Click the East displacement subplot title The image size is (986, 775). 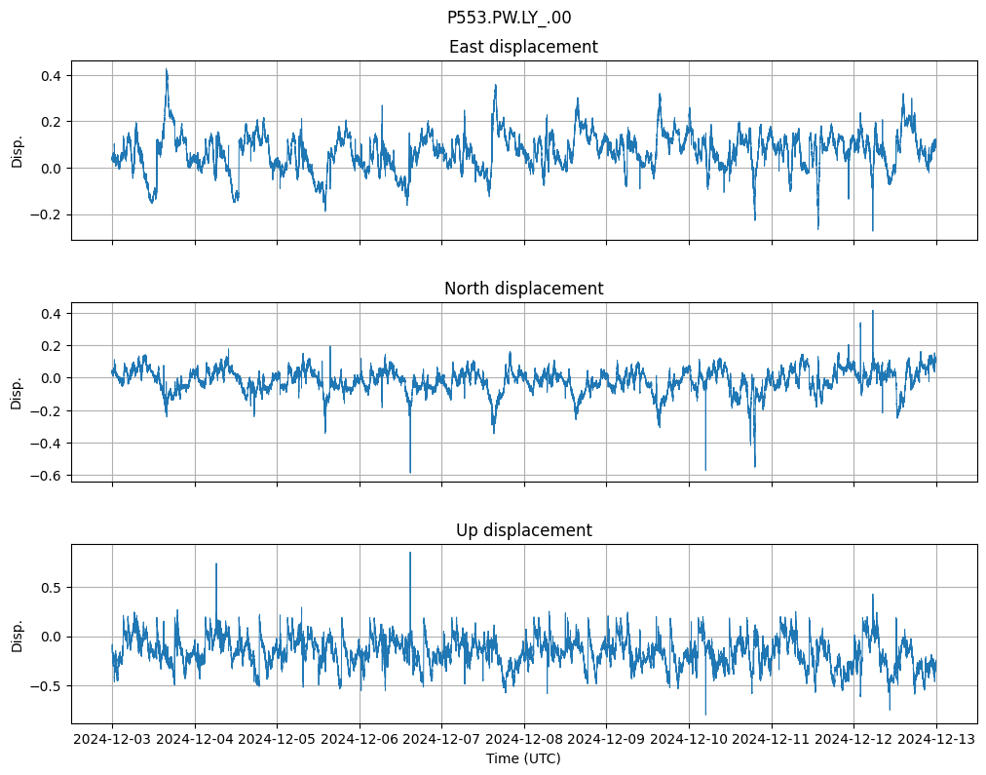(x=523, y=47)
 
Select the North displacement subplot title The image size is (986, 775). (x=523, y=289)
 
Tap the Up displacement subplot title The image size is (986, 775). (x=523, y=530)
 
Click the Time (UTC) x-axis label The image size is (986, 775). (x=523, y=758)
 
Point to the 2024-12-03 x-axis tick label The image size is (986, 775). (x=112, y=740)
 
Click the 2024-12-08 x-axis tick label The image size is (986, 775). (x=524, y=740)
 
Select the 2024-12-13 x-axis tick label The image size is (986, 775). (x=936, y=740)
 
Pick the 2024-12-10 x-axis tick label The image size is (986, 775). (x=689, y=740)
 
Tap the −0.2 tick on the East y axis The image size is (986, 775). (x=46, y=214)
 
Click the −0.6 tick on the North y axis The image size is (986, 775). (x=46, y=476)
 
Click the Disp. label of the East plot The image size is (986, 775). (x=17, y=150)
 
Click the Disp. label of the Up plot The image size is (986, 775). (x=17, y=634)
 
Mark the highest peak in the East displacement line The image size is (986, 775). (x=167, y=69)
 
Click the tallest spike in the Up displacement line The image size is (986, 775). (x=410, y=553)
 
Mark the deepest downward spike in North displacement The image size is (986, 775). (x=410, y=473)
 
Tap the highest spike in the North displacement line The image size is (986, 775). (x=872, y=311)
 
